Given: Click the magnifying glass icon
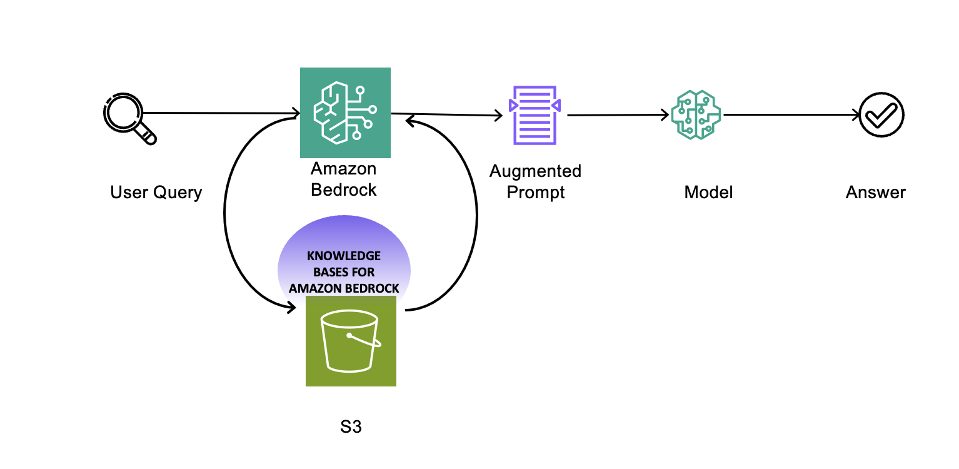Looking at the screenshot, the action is [130, 119].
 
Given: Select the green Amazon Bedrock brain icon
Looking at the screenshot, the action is [345, 113].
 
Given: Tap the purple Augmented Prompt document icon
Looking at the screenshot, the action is [535, 115].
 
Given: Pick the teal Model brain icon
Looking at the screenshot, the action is [696, 114].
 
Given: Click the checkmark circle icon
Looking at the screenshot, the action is [881, 114].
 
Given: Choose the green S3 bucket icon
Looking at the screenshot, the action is [351, 341].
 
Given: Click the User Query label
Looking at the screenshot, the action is [156, 193].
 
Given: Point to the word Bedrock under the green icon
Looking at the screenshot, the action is [343, 189].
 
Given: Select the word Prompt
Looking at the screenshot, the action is [536, 193].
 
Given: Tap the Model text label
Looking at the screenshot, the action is [708, 193].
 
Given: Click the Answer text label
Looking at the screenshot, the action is [875, 193].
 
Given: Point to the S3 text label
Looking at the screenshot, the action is [351, 426].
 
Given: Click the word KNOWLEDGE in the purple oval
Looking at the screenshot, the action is [344, 256].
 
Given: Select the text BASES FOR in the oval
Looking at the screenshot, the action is [344, 272].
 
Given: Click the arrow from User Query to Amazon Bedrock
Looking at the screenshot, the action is [221, 113].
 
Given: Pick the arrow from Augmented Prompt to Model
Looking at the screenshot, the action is [618, 115].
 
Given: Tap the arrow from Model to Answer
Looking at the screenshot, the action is [791, 114].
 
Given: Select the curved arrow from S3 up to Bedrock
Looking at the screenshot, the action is [476, 214].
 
